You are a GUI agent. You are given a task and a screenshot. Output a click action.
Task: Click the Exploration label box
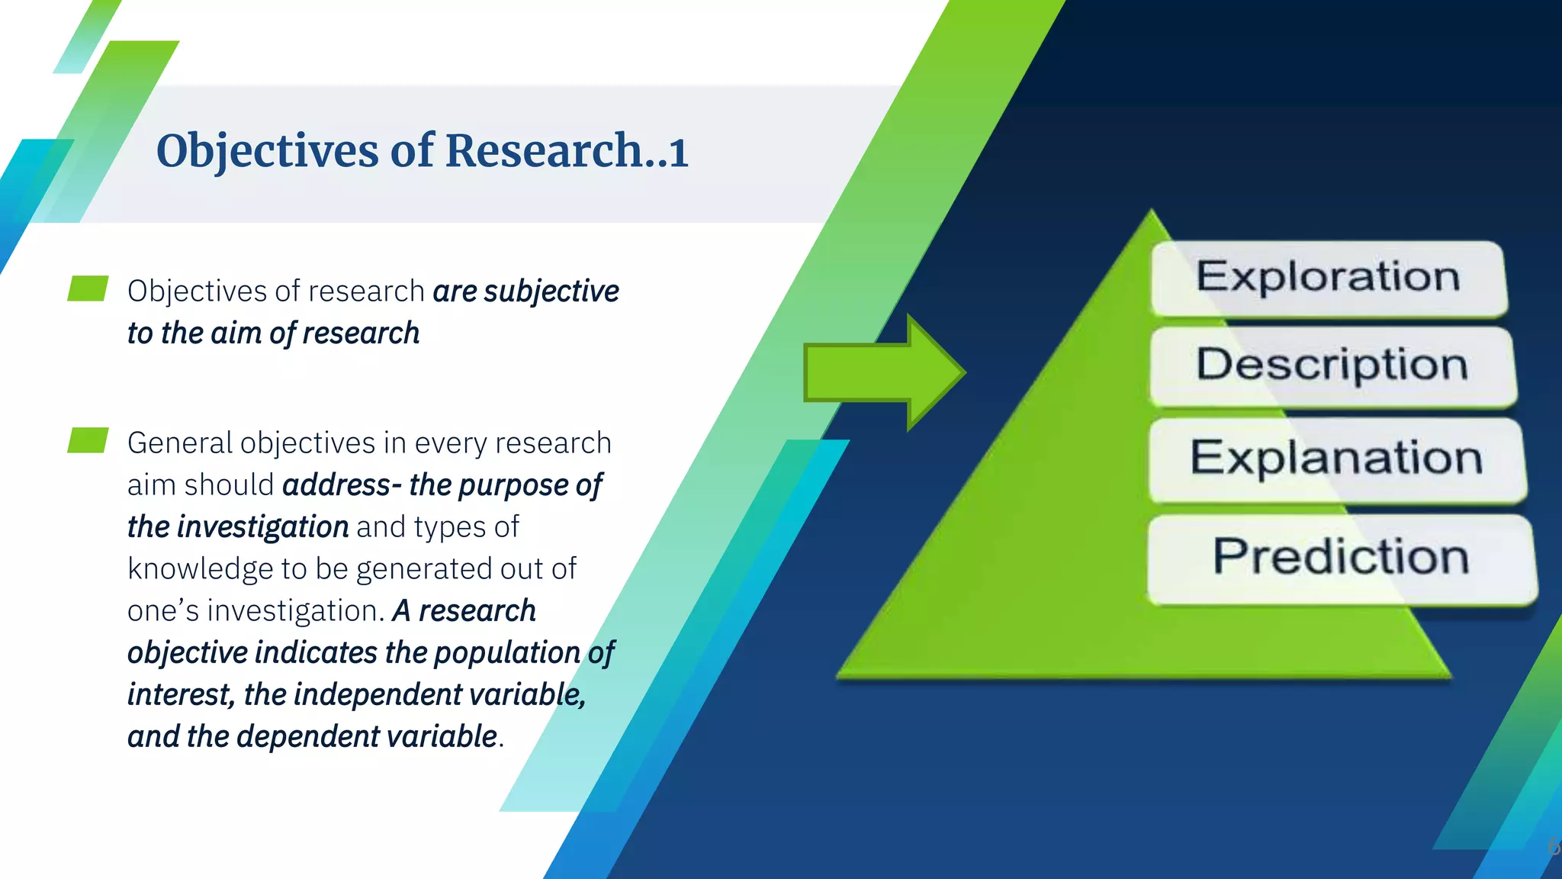click(x=1328, y=278)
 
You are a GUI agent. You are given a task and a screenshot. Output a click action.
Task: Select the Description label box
click(x=1332, y=365)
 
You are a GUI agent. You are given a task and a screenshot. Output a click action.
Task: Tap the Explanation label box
click(x=1336, y=459)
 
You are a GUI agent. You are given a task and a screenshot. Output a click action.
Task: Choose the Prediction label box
click(x=1341, y=558)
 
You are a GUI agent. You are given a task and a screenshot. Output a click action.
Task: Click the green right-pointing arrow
click(x=885, y=372)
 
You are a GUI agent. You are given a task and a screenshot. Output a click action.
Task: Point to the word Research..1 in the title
click(x=567, y=150)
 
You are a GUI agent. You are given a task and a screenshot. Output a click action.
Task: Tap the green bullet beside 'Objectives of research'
click(x=87, y=289)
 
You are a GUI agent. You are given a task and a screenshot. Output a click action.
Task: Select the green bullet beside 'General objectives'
click(x=87, y=440)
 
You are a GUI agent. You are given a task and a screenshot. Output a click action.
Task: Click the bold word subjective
click(x=551, y=291)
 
